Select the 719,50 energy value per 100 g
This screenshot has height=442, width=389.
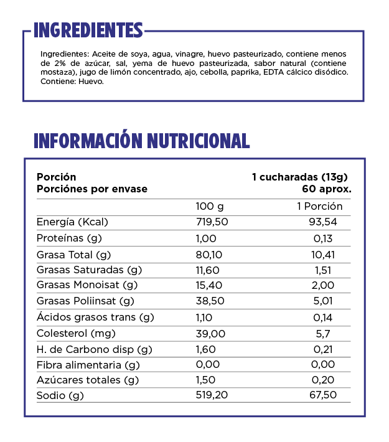pyautogui.click(x=212, y=222)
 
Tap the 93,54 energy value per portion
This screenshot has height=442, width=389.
pyautogui.click(x=322, y=222)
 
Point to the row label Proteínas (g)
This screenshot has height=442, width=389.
pyautogui.click(x=69, y=238)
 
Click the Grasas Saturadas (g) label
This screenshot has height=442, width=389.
pyautogui.click(x=89, y=270)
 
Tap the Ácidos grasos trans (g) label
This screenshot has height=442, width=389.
pyautogui.click(x=95, y=317)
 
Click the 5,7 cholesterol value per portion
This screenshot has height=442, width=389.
pyautogui.click(x=324, y=333)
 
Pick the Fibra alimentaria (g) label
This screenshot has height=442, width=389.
pyautogui.click(x=88, y=364)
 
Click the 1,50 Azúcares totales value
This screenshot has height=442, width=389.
pyautogui.click(x=206, y=380)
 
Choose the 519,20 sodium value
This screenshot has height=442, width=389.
pyautogui.click(x=212, y=396)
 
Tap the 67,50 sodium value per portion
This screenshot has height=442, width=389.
pyautogui.click(x=322, y=396)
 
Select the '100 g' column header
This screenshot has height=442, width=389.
pyautogui.click(x=209, y=207)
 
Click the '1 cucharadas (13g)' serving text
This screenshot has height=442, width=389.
pyautogui.click(x=299, y=177)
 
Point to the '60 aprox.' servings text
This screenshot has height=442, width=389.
pyautogui.click(x=327, y=189)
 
